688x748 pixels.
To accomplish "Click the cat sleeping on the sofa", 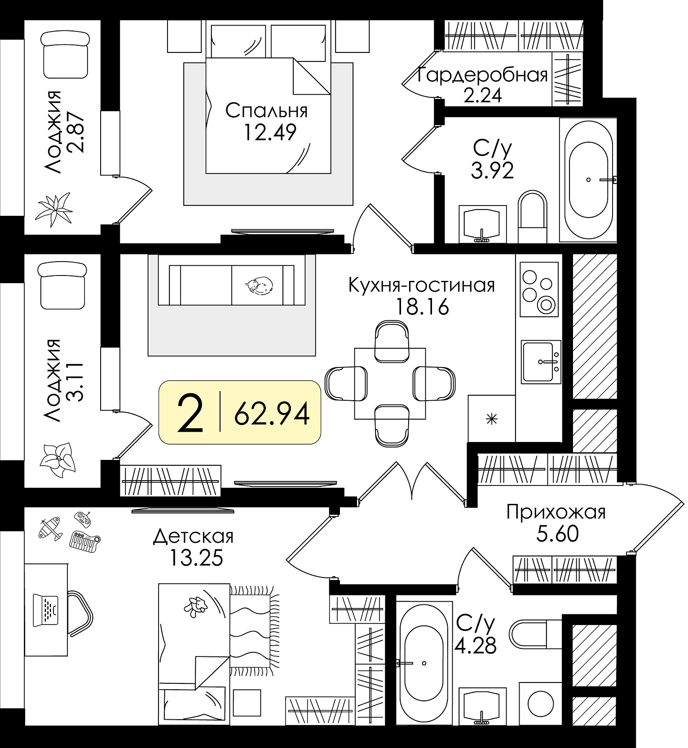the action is [x=258, y=285].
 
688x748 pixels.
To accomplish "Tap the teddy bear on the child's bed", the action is [x=196, y=606].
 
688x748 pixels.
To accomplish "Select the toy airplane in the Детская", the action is [x=50, y=528].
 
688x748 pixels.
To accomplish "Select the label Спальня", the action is [x=266, y=110].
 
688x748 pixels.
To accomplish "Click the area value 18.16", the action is [x=422, y=307].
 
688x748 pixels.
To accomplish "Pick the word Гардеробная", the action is [x=483, y=75].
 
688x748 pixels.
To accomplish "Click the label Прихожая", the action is [x=556, y=512].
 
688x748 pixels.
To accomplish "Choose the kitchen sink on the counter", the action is [x=541, y=362].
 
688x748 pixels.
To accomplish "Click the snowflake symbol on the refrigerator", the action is [x=492, y=420].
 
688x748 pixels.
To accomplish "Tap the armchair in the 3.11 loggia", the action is [x=62, y=286].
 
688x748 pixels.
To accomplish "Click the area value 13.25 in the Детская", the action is [x=196, y=558].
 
